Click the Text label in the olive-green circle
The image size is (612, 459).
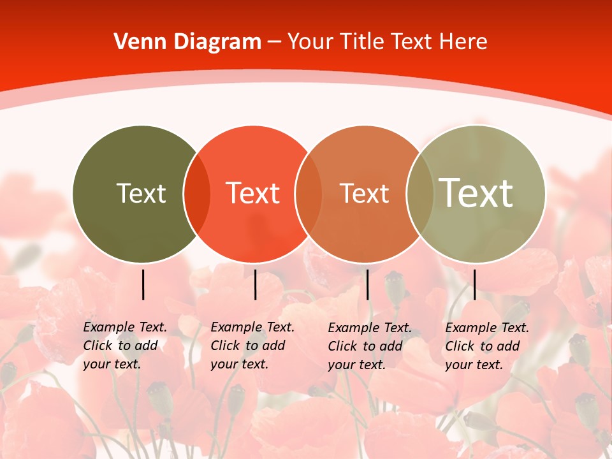142,193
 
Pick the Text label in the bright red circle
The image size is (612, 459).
253,193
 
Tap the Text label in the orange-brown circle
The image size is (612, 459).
365,193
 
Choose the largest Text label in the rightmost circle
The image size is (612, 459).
476,193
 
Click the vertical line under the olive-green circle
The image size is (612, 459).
143,284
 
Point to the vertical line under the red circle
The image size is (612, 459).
255,284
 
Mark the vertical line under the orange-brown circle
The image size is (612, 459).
367,284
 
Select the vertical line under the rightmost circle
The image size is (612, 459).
474,284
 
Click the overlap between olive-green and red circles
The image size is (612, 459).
197,194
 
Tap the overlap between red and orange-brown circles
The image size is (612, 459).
309,194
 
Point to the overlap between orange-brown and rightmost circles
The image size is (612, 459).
419,194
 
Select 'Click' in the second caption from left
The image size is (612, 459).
225,346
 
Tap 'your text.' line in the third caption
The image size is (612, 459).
357,365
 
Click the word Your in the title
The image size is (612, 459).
310,41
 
